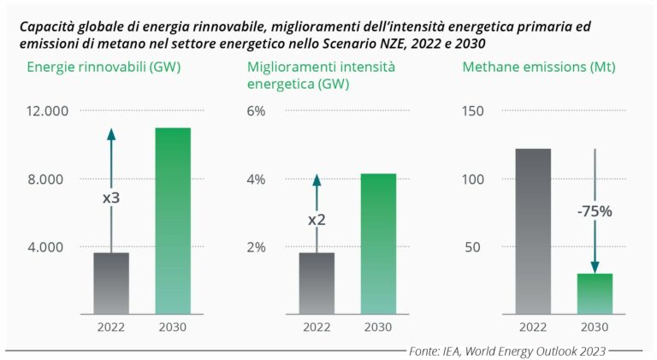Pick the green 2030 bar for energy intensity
[x=378, y=244]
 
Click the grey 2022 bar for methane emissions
[x=533, y=231]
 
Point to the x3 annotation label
[x=111, y=198]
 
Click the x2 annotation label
[x=317, y=220]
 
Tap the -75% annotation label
[x=594, y=211]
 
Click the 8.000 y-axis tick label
[x=48, y=180]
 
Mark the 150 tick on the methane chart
[x=473, y=111]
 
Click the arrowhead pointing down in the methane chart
[x=595, y=267]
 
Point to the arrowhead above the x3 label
[x=111, y=134]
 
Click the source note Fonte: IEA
[x=508, y=351]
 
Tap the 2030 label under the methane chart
[x=595, y=327]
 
